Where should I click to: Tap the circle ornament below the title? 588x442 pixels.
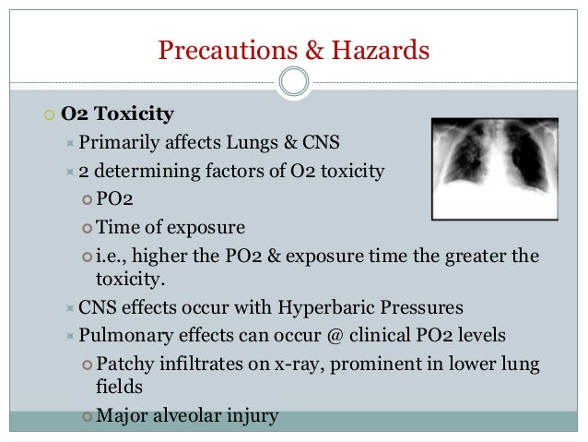click(294, 83)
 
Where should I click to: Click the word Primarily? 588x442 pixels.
click(123, 142)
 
